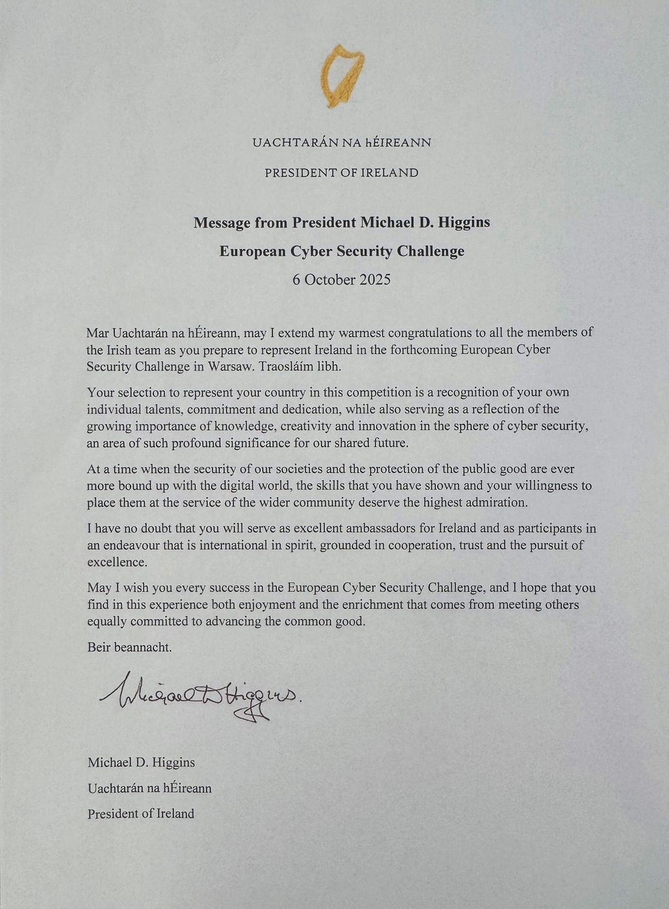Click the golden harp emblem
[x=341, y=75]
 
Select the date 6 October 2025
[x=342, y=279]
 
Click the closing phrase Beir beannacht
[x=129, y=647]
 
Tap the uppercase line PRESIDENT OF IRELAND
[x=341, y=173]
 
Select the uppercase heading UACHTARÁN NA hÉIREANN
[x=341, y=142]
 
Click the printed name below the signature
[x=141, y=762]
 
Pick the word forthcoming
[x=423, y=349]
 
